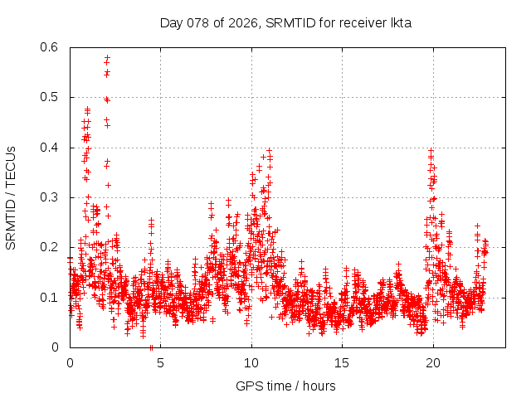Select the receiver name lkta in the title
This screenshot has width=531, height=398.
[397, 23]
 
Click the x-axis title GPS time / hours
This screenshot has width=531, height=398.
[285, 386]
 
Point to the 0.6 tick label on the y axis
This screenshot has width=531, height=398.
[51, 47]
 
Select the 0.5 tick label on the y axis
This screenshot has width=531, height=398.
[51, 97]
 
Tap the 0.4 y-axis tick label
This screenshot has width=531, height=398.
[51, 148]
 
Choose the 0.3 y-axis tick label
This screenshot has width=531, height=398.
[51, 197]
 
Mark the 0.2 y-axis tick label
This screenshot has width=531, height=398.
[51, 247]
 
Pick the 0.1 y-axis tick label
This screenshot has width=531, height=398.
[51, 297]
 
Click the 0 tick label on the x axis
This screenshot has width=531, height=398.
[70, 362]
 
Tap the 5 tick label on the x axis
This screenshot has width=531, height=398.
[160, 362]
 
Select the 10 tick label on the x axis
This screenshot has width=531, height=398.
[251, 362]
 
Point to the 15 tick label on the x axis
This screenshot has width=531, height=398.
[341, 362]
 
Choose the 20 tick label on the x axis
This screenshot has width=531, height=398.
[431, 362]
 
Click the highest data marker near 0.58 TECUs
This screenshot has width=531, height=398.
[107, 57]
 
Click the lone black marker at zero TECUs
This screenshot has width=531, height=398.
[151, 347]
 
